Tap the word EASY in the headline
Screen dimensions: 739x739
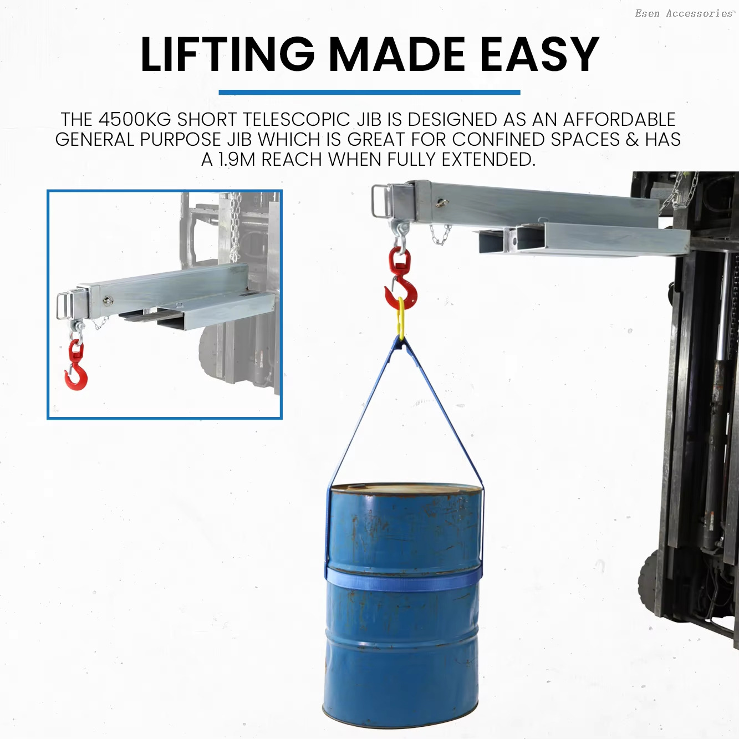(539, 54)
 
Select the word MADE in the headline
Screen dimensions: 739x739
(397, 54)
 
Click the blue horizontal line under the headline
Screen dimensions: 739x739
(369, 93)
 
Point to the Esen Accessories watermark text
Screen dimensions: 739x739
(684, 13)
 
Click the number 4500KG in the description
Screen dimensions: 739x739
(135, 119)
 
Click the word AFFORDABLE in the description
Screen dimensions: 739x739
(619, 119)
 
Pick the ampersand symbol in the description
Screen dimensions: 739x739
(631, 139)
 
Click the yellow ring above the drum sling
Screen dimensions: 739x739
(401, 318)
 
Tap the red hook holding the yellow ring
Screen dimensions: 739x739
(401, 283)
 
